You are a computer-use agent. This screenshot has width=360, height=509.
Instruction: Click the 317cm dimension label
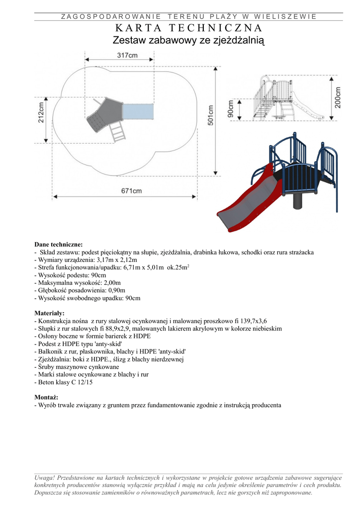pos(127,56)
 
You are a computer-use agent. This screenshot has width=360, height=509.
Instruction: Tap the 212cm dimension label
pos(41,112)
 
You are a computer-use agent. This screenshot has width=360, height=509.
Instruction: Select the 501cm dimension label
pos(211,116)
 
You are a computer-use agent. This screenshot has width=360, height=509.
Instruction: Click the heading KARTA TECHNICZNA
pos(188,28)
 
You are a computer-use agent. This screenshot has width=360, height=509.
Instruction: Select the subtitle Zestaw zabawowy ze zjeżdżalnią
pos(188,40)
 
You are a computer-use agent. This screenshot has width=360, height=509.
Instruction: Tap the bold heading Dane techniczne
pos(59,245)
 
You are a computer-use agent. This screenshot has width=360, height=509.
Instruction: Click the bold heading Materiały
pos(49,313)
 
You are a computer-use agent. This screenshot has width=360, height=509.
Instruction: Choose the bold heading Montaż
pos(46,398)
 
